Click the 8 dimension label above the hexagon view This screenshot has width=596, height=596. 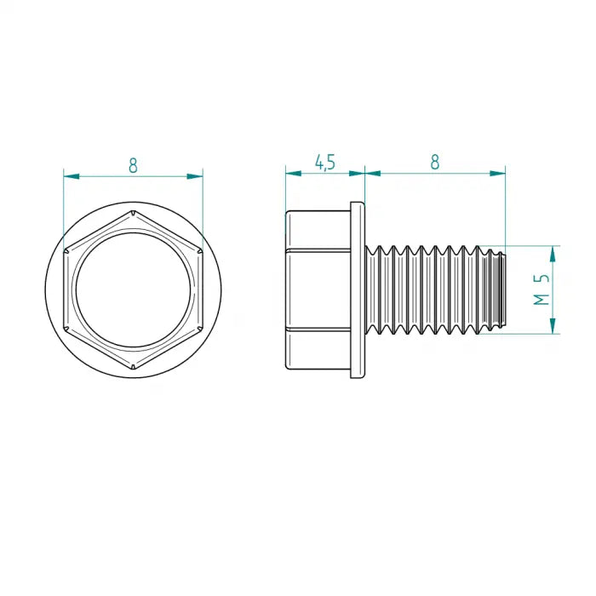tap(133, 165)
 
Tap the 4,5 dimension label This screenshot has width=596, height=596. tap(324, 162)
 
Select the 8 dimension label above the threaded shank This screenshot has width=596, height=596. tap(435, 162)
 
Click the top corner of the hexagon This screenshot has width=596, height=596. tap(133, 209)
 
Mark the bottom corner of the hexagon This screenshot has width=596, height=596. tap(133, 369)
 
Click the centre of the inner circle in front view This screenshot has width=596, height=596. tap(133, 289)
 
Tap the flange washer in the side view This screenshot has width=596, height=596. tap(358, 289)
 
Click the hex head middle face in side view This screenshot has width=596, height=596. tap(318, 289)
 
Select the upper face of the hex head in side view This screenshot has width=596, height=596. tap(318, 230)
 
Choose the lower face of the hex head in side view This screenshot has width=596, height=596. tap(318, 348)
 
